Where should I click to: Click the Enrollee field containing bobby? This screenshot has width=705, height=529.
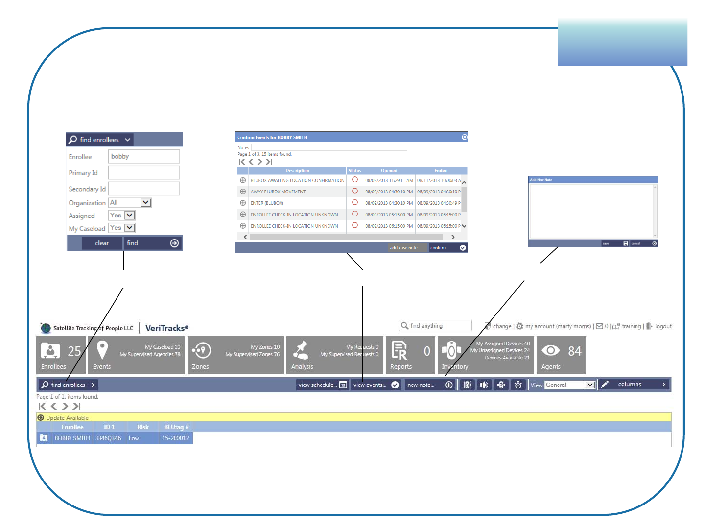tap(143, 156)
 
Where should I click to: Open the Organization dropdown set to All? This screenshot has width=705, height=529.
tap(145, 203)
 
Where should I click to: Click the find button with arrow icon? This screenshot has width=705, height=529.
tap(152, 243)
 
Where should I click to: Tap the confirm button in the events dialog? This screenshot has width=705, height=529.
tap(447, 248)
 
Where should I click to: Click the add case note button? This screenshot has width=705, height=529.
tap(404, 248)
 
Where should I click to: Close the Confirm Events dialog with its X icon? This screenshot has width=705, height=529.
tap(464, 137)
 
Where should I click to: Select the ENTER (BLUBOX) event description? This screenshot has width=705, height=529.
tap(267, 203)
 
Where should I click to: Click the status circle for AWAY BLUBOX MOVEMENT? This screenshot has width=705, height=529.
tap(355, 192)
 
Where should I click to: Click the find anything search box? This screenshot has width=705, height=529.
tap(435, 326)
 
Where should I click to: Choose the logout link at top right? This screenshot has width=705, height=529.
tap(663, 326)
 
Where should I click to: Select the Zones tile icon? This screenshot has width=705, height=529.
tap(201, 351)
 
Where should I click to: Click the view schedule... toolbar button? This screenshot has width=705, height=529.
tap(323, 385)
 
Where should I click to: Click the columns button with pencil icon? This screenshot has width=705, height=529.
tap(634, 385)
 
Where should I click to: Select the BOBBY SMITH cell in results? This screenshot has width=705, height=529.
tap(72, 438)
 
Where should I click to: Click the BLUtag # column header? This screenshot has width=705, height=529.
tap(176, 427)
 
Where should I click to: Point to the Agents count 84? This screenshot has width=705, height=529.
tap(574, 351)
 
